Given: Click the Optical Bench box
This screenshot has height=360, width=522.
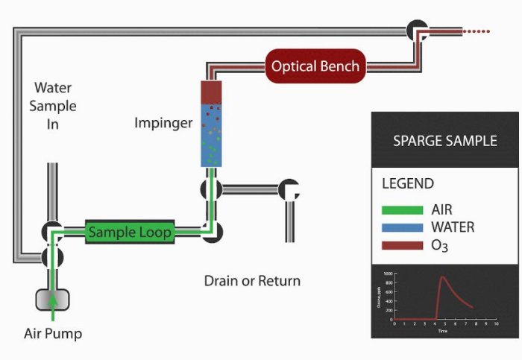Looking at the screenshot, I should (315, 66).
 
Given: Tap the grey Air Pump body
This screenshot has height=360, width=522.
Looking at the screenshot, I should (53, 299).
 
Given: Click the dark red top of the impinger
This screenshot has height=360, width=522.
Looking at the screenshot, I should (213, 91).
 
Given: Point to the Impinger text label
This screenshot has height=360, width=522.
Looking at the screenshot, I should (163, 122).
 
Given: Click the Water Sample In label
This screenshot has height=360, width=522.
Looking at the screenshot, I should (52, 107).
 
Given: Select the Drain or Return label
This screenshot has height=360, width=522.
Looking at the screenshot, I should (252, 281).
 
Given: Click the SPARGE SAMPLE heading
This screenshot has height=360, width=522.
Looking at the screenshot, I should (444, 140).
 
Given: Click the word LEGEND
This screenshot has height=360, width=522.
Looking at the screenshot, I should (408, 183).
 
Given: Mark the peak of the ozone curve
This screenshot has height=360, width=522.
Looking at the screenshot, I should (441, 277).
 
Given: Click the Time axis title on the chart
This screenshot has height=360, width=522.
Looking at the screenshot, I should (442, 331).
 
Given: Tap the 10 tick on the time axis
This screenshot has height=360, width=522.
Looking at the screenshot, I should (497, 324).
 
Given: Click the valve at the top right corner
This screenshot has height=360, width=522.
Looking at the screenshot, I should (416, 30).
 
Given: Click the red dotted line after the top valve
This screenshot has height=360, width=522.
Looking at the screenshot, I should (477, 31).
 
